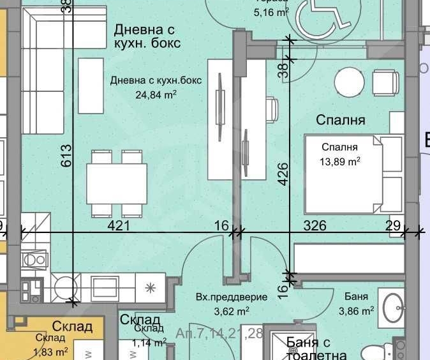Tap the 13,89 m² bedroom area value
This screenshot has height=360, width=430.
[x=340, y=161]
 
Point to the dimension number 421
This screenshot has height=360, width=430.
[x=119, y=225]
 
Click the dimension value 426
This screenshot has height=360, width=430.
[x=284, y=174]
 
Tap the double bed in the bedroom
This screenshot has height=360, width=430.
[x=353, y=173]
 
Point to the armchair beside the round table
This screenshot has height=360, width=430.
[x=386, y=82]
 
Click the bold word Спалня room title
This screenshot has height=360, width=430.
[x=341, y=120]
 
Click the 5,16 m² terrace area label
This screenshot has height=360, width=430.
[x=272, y=12]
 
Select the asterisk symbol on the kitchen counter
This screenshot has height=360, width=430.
[x=151, y=287]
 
